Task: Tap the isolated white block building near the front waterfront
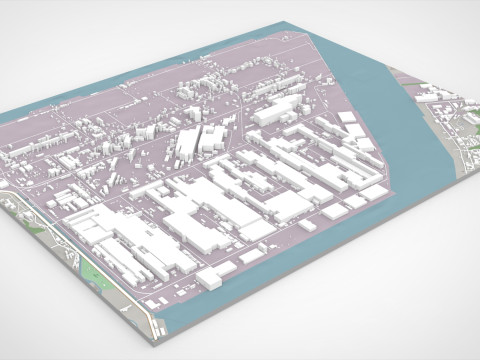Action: click(209, 279)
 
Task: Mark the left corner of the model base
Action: click(3, 116)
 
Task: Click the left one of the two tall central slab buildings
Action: click(187, 146)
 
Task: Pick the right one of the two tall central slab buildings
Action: click(213, 138)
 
